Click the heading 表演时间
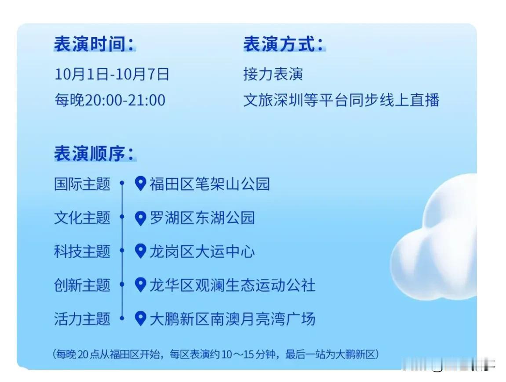[x=94, y=44]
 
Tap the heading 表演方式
[x=284, y=44]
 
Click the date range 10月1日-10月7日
[x=112, y=74]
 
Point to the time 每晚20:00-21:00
[x=110, y=100]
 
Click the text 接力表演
[x=273, y=74]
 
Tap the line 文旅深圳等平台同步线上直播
[x=342, y=100]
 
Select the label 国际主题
[x=82, y=184]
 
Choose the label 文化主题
[x=82, y=218]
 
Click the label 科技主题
[x=82, y=252]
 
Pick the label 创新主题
[x=82, y=285]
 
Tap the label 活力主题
[x=82, y=319]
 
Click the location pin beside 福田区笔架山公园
[x=140, y=183]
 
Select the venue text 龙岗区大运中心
[x=202, y=252]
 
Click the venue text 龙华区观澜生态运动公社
[x=233, y=285]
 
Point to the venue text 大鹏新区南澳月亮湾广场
[x=233, y=319]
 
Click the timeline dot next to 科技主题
[x=122, y=250]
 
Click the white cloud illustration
[x=434, y=237]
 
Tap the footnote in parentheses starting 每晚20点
[x=215, y=354]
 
